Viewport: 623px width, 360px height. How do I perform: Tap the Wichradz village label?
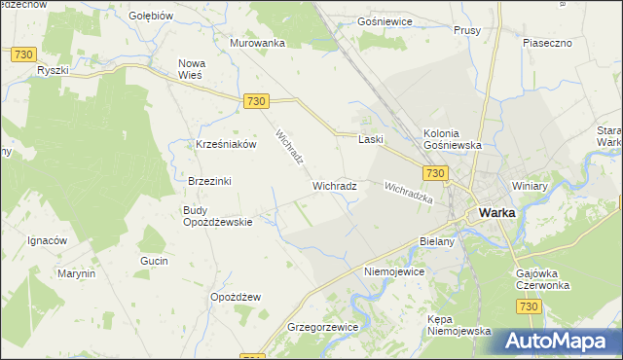point(334,185)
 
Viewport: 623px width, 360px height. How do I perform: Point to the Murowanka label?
point(257,44)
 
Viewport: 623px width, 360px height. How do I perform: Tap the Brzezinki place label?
point(209,181)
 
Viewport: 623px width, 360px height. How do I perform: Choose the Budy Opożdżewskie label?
point(218,215)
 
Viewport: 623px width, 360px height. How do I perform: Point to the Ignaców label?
point(46,240)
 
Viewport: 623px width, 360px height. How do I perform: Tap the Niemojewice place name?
point(394,271)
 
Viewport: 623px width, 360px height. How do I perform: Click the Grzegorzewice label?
point(323,328)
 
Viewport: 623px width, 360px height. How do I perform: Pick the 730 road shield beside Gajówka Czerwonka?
point(527,306)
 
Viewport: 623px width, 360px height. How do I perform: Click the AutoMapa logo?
point(559,341)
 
